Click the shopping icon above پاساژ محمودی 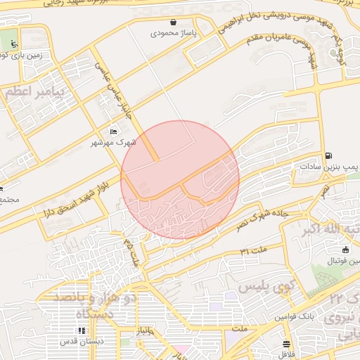pos(174,22)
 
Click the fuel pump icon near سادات pos(328,156)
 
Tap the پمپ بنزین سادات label pos(328,167)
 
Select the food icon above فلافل pos(286,344)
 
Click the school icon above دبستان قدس pos(82,330)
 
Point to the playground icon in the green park pos(14,43)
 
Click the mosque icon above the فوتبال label pos(345,250)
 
